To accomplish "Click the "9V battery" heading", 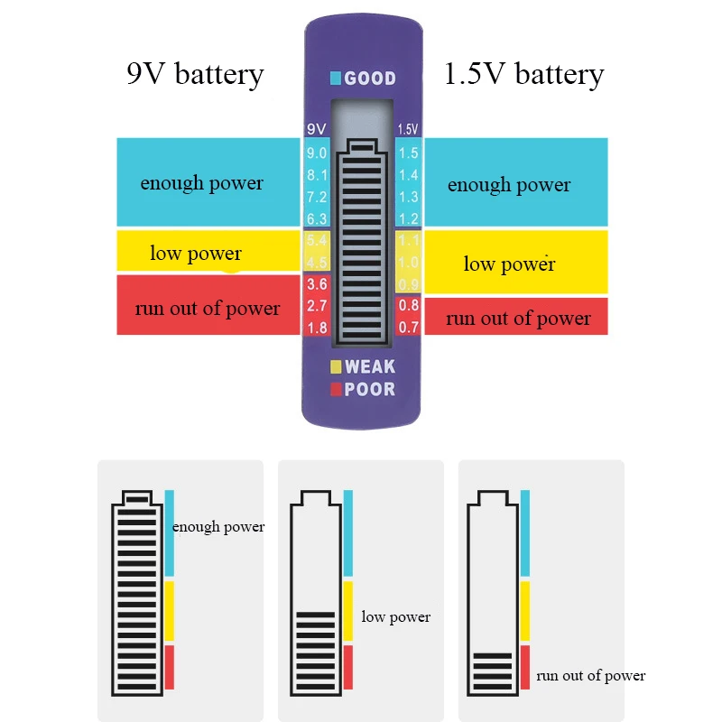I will [195, 74].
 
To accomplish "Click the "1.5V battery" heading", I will [523, 74].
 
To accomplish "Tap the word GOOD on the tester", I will [370, 78].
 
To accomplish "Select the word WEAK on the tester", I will [370, 366].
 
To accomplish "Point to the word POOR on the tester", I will [370, 390].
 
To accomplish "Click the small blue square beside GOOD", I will [336, 78].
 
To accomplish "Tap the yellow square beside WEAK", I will [336, 366].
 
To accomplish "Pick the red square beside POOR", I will [336, 390].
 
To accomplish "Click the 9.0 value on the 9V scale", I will [317, 153].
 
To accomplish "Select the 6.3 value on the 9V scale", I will [317, 218].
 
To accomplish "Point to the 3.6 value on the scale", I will [317, 284].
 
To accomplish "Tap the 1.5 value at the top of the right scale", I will [409, 153].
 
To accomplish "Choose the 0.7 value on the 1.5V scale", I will [409, 328].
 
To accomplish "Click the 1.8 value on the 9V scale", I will [317, 328].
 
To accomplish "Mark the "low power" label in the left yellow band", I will [196, 253].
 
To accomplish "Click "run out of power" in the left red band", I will [208, 309].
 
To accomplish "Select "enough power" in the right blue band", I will [509, 185].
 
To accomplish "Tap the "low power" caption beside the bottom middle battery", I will [395, 617].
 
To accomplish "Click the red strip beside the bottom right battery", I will [525, 668].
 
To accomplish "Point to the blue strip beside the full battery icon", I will [169, 533].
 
